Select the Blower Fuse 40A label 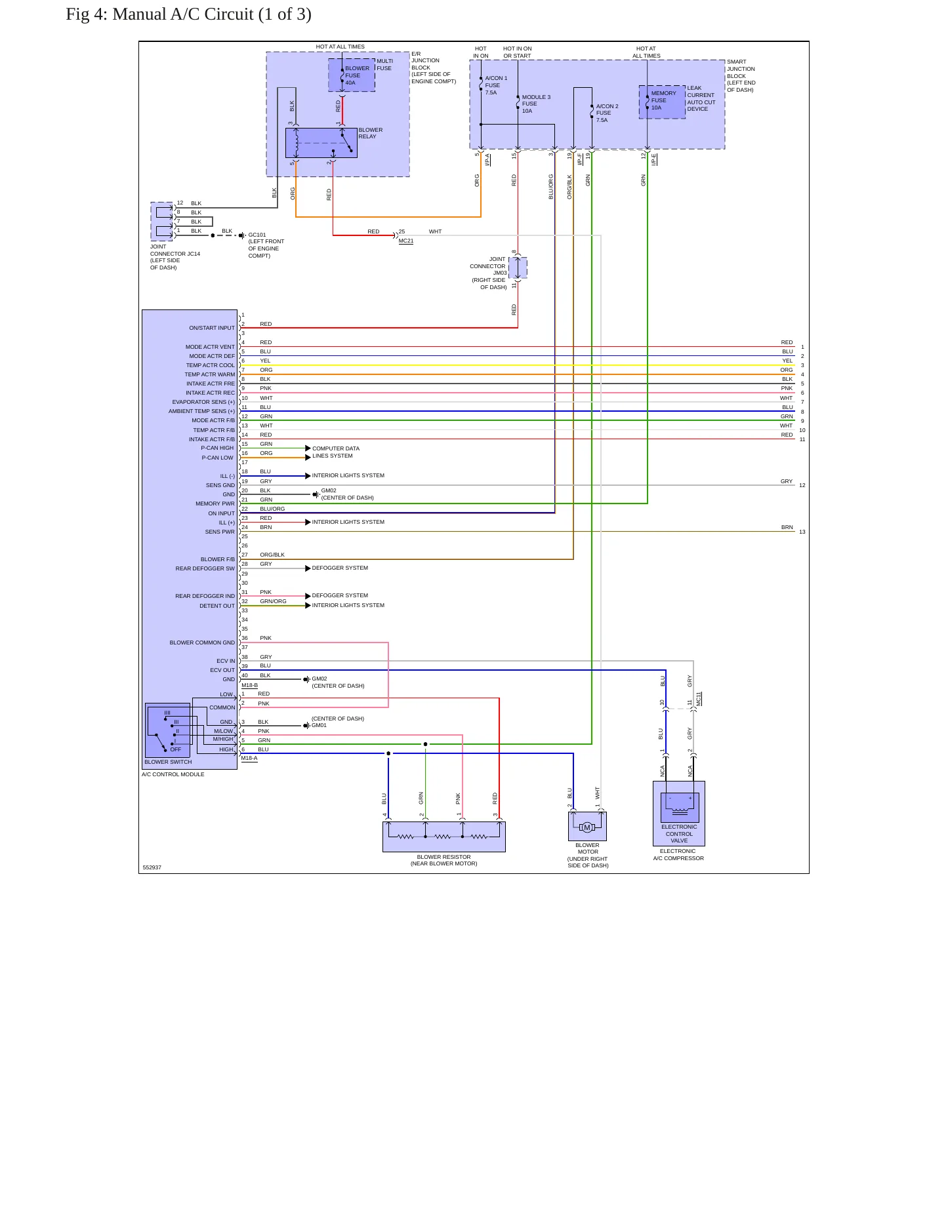(x=357, y=75)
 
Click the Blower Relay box (x=321, y=143)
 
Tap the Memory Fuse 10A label (x=663, y=100)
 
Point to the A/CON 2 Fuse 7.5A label (x=607, y=113)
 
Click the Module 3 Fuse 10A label (x=536, y=104)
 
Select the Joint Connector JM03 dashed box (x=518, y=267)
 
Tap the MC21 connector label (x=406, y=241)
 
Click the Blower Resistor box (x=444, y=837)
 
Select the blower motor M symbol (x=587, y=827)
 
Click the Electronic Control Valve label (x=679, y=834)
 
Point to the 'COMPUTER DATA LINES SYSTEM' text (x=336, y=452)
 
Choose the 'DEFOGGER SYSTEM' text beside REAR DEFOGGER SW (x=340, y=568)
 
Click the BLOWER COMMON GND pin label (x=202, y=643)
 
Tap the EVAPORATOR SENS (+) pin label (x=203, y=402)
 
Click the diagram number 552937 (x=152, y=867)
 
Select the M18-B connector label (x=249, y=685)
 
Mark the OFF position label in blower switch (x=176, y=749)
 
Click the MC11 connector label (x=699, y=699)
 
